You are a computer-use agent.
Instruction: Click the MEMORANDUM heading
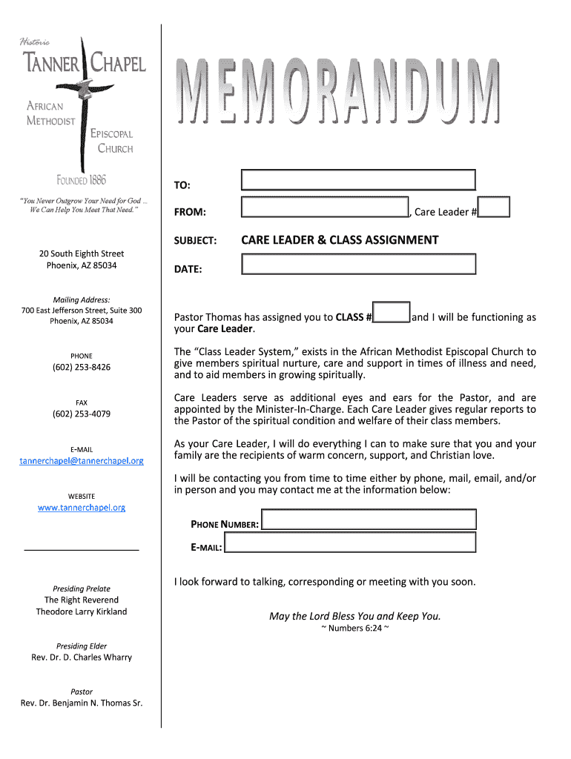click(337, 93)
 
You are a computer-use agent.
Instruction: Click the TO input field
click(358, 180)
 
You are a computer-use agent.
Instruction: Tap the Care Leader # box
click(494, 207)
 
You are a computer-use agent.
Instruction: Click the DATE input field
click(358, 265)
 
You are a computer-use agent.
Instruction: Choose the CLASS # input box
click(392, 313)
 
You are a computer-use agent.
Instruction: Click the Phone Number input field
click(369, 520)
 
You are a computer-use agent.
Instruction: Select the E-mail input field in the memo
click(350, 543)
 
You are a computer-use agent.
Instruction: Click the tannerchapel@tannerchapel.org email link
click(82, 461)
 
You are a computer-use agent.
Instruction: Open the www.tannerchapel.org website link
click(82, 508)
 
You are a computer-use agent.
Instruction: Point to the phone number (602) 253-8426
click(82, 368)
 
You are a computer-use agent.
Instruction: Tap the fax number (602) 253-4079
click(82, 414)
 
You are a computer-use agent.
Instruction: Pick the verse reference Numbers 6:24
click(354, 629)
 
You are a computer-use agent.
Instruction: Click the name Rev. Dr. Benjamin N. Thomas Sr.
click(82, 703)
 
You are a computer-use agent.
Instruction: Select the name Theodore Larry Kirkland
click(82, 612)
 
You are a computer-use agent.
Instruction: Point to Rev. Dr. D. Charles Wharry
click(82, 657)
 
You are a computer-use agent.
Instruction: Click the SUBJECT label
click(195, 242)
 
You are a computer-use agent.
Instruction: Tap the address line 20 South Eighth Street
click(82, 254)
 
